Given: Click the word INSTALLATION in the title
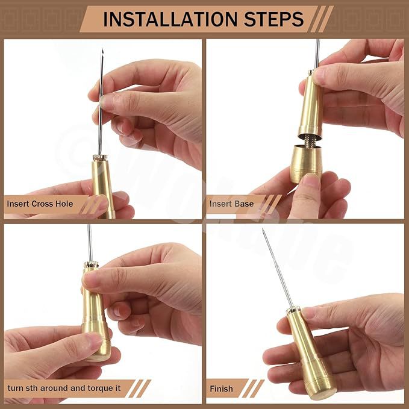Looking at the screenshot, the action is (x=170, y=19).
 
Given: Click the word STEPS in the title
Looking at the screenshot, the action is (x=274, y=19).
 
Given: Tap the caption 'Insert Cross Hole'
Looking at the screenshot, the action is (x=40, y=204).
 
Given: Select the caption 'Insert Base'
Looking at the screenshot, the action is (x=232, y=204).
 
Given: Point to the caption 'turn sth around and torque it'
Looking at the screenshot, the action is (x=64, y=388).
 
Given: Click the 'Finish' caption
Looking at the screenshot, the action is (x=221, y=389).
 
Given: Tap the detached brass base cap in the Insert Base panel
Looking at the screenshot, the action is (x=306, y=164).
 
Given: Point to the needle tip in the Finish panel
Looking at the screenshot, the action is (x=263, y=229).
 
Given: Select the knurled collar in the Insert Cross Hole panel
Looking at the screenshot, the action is (x=100, y=158).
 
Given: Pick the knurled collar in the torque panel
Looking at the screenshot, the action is (x=91, y=264).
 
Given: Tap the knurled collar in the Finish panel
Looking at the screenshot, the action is (x=293, y=310).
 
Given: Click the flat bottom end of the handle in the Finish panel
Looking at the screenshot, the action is (x=323, y=393).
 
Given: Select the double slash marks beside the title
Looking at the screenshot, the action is (x=322, y=19).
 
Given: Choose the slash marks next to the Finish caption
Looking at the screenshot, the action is (x=253, y=389).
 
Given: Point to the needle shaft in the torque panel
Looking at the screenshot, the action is (x=90, y=243).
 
